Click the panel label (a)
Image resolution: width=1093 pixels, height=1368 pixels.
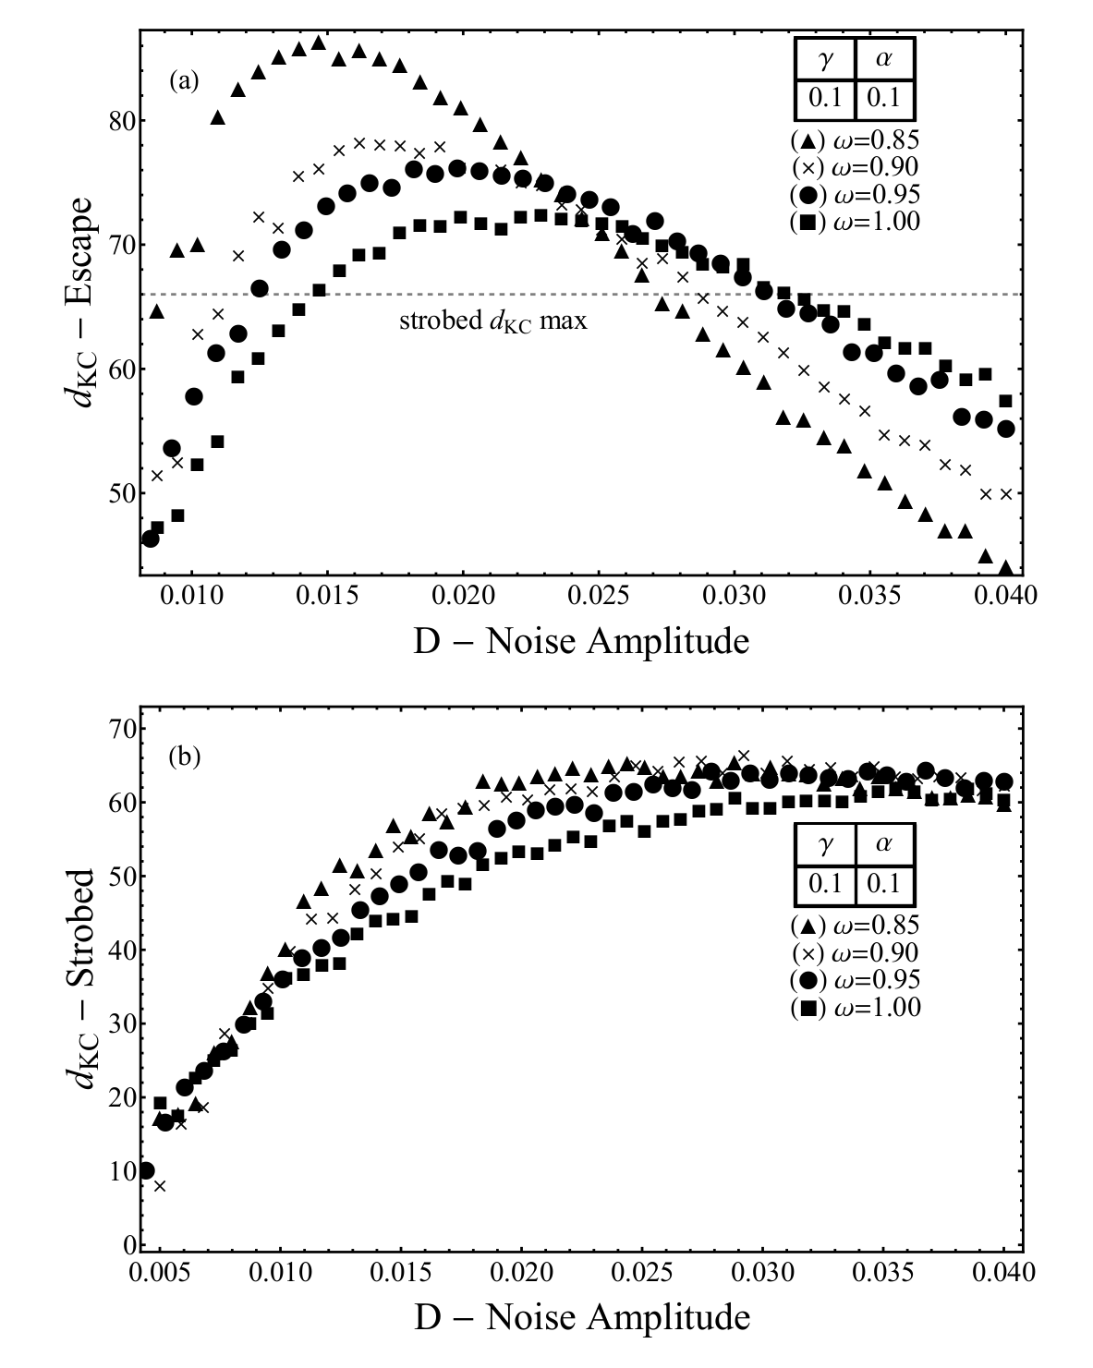[184, 81]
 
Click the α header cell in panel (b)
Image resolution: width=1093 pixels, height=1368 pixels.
[884, 845]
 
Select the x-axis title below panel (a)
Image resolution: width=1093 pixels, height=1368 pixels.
[580, 641]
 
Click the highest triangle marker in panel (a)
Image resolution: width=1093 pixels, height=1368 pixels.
[319, 42]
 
